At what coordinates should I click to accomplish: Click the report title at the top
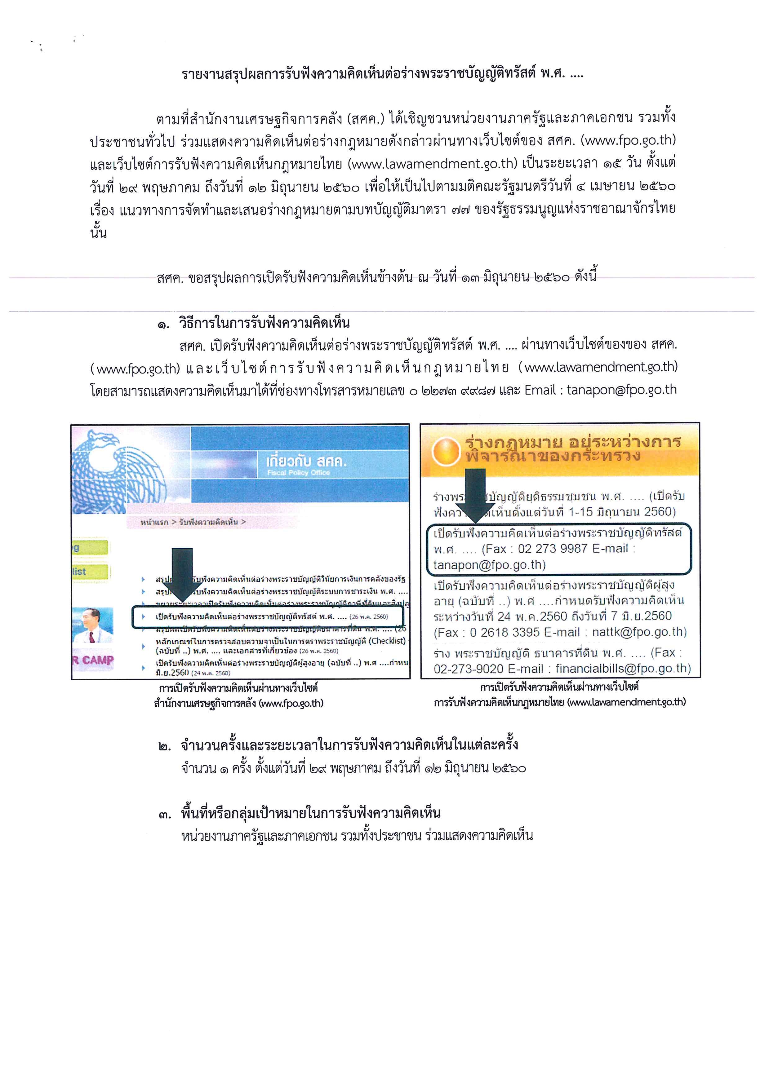pos(383,74)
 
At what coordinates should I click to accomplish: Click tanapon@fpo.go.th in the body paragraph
pos(621,390)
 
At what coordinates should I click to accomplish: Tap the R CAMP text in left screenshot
pos(93,660)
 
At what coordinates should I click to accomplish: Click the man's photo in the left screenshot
pos(93,625)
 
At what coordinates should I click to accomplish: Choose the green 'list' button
pos(90,572)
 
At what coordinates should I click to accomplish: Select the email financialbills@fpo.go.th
pos(623,669)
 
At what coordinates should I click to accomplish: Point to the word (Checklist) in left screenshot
pos(387,641)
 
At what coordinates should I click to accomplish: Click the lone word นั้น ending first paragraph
pos(99,233)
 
